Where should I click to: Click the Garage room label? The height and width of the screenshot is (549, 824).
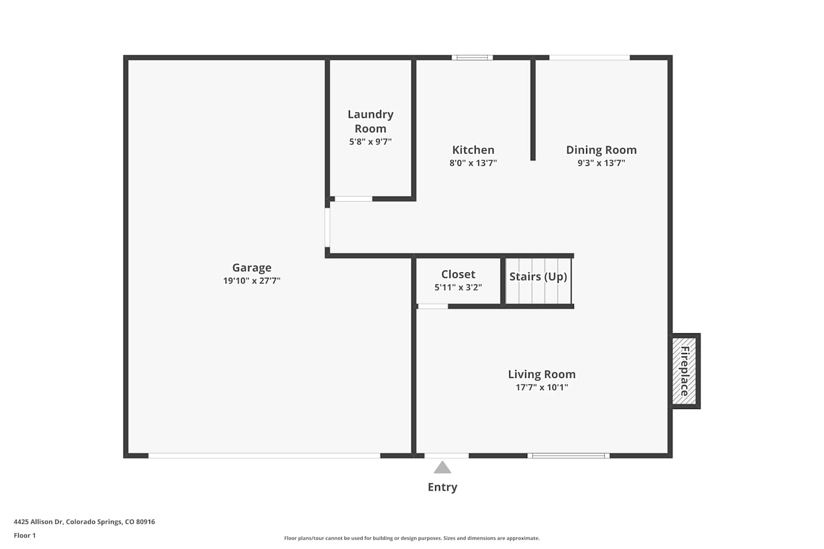click(x=252, y=268)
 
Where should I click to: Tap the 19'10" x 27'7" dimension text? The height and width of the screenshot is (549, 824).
click(x=252, y=281)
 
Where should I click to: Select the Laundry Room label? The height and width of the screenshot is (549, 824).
click(x=370, y=121)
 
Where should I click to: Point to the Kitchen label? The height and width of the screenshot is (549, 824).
click(x=473, y=150)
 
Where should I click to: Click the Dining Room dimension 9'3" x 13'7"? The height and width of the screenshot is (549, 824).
click(x=601, y=163)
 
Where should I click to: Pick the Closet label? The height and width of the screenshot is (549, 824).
click(x=458, y=274)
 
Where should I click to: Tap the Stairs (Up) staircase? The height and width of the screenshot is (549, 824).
click(x=538, y=281)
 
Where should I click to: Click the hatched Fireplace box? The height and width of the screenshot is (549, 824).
click(x=684, y=371)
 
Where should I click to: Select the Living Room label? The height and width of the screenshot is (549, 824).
click(x=542, y=374)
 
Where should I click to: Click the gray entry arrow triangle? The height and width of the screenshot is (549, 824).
click(x=442, y=468)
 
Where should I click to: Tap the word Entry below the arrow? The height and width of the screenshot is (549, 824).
click(x=442, y=487)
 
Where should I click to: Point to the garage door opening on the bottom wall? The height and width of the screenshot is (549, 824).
click(x=264, y=456)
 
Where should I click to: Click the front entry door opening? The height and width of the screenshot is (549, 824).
click(x=447, y=456)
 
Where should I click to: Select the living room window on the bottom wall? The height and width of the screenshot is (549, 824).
click(x=569, y=456)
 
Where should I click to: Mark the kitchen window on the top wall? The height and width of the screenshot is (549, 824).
click(x=472, y=57)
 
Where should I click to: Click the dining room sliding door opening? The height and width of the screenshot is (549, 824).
click(x=589, y=57)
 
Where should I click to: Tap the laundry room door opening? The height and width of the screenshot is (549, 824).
click(x=354, y=199)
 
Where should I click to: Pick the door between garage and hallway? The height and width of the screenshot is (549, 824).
click(x=327, y=228)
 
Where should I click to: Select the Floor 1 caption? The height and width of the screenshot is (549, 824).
click(x=25, y=536)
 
